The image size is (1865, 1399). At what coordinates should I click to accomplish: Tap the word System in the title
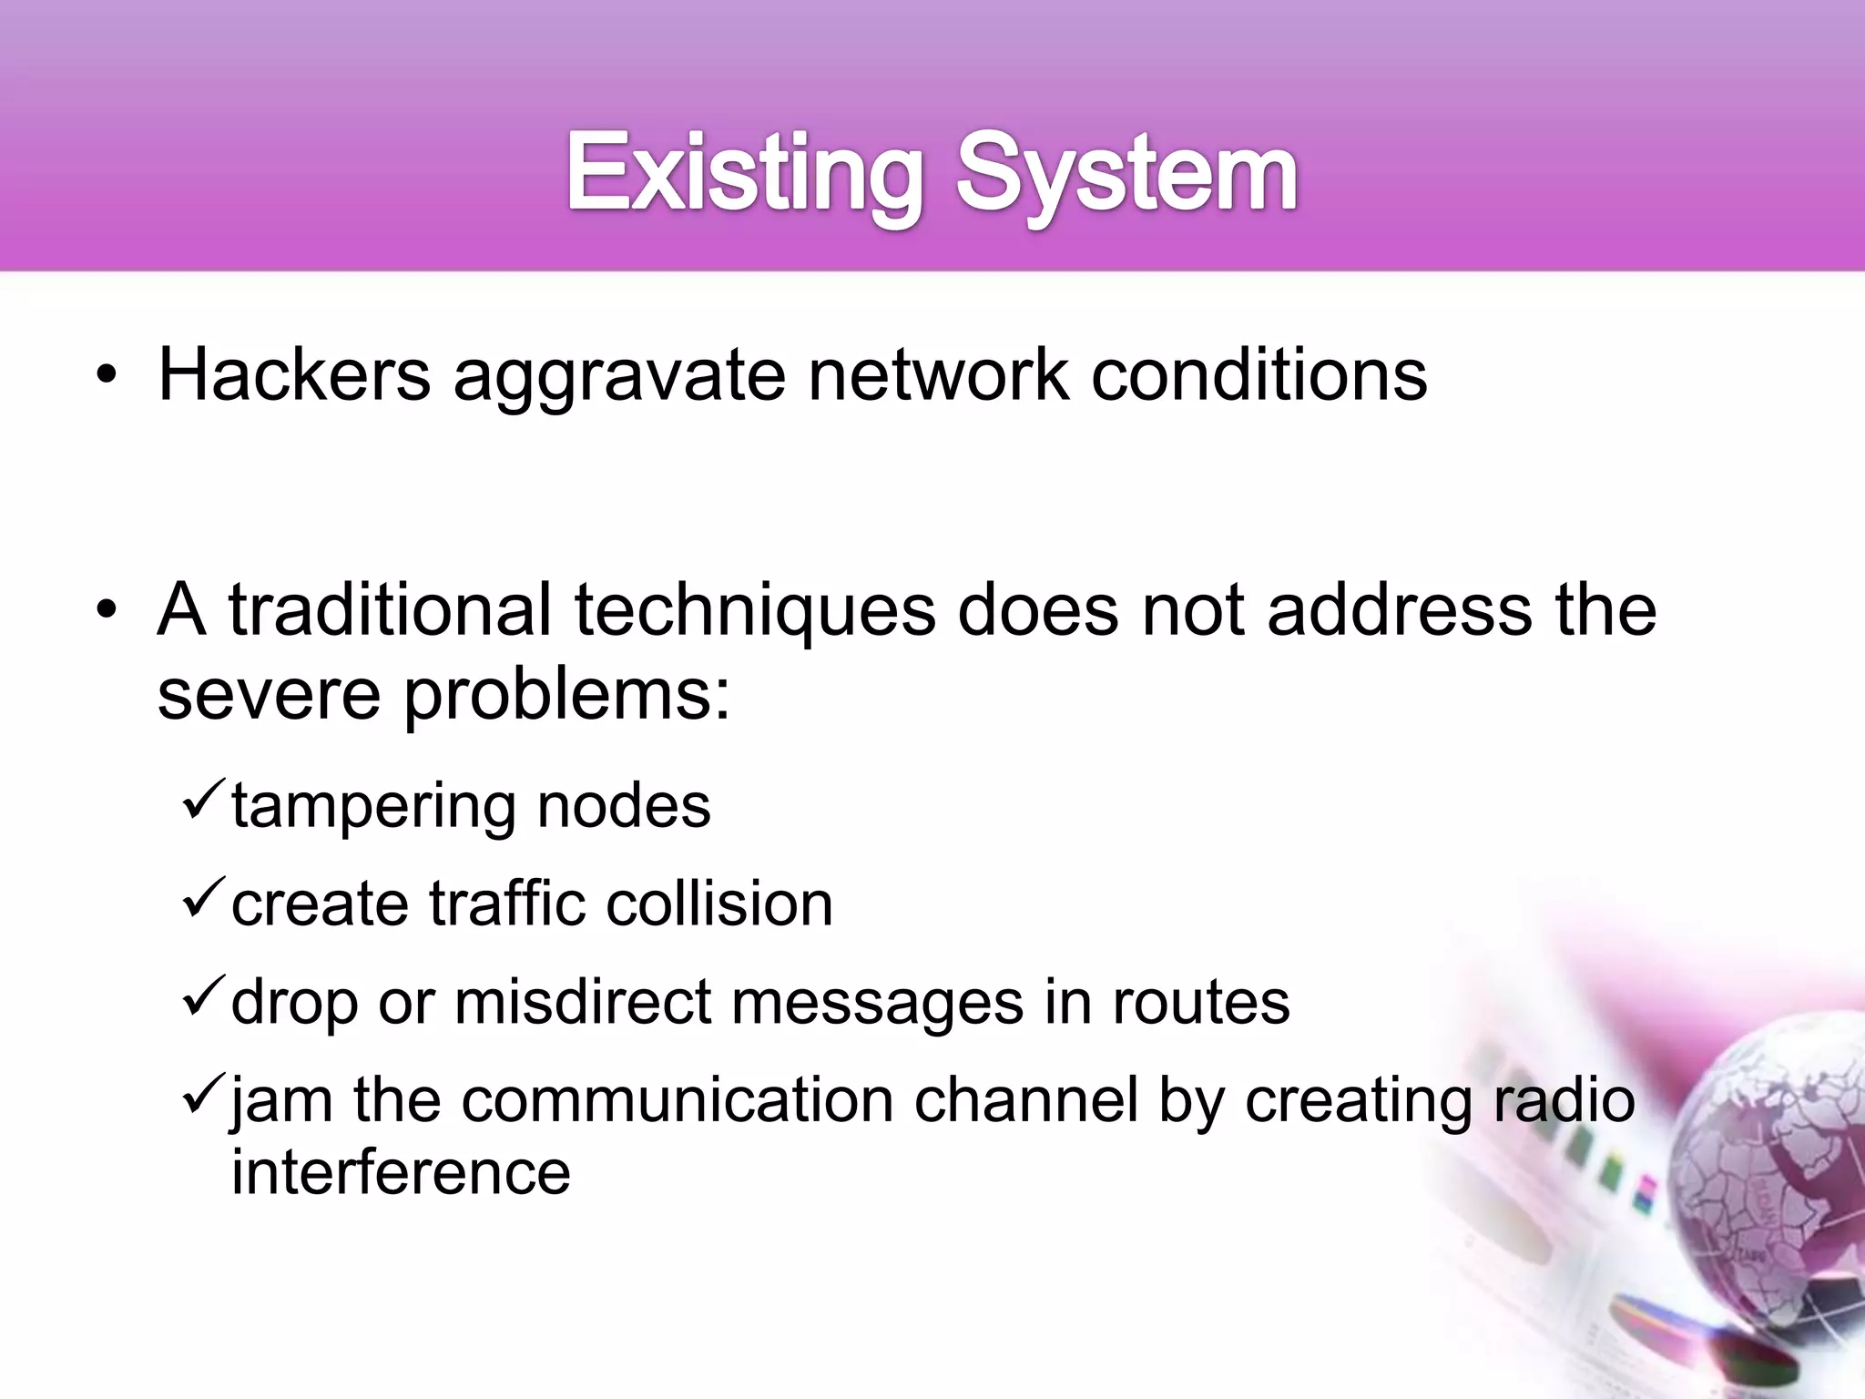1126,173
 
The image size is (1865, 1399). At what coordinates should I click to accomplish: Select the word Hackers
294,374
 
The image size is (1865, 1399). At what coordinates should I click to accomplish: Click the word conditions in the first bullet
1259,374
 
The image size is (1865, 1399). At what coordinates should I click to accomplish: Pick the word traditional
390,609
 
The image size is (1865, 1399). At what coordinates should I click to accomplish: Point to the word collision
719,904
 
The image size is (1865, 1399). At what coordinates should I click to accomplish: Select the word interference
401,1171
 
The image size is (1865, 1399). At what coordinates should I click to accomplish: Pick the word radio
1563,1099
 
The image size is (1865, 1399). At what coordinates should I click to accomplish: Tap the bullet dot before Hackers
107,376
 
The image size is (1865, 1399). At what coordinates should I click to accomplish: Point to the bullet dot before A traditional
107,611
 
